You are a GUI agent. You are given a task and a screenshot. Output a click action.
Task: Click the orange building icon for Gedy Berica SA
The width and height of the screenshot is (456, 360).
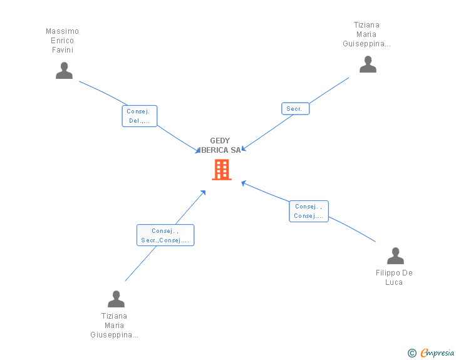222,169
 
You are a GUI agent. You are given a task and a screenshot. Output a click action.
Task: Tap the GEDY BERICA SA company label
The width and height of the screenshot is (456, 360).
220,145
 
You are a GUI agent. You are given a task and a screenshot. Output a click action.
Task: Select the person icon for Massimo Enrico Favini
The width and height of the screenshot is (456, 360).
64,71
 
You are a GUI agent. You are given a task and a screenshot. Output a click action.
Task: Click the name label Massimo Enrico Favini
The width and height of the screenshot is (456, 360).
63,41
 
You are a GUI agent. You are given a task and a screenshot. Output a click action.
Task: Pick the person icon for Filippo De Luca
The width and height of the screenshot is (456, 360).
395,255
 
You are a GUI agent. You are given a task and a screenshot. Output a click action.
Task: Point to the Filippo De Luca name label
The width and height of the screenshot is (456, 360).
394,277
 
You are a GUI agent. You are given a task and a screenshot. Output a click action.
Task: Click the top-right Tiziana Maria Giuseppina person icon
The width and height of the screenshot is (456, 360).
368,64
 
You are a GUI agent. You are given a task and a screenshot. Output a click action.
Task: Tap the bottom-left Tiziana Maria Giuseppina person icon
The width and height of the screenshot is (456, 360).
116,299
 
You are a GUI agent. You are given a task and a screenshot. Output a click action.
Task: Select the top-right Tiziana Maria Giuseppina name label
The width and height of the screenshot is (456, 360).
367,34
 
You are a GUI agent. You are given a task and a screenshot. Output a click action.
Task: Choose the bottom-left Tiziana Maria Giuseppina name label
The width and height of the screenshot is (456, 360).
115,326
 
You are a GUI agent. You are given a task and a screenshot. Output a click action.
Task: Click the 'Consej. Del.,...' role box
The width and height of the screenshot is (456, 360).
139,116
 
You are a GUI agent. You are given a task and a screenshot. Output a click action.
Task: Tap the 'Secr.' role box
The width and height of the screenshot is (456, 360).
294,109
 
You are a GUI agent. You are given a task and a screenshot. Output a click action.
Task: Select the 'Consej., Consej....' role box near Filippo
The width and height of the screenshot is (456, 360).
308,211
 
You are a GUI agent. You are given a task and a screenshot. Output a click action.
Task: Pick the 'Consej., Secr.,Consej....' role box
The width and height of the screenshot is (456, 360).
165,235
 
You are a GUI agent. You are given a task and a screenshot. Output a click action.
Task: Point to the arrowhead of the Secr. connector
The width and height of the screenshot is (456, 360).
244,148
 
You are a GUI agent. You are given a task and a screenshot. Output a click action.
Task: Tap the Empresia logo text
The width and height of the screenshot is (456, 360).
437,353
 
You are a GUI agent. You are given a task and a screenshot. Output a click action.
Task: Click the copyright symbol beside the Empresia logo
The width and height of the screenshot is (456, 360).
412,353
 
